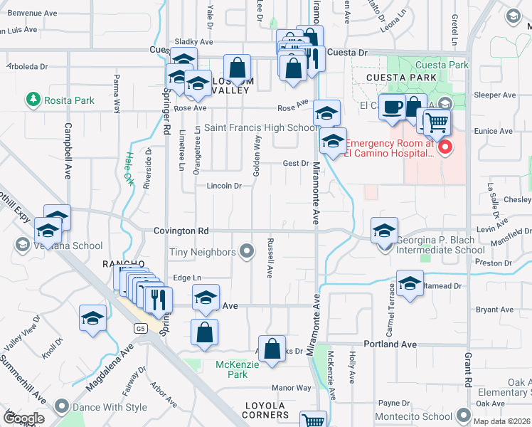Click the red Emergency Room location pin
(446, 148)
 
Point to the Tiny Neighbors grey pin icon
(247, 251)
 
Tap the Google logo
(23, 418)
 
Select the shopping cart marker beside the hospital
(437, 123)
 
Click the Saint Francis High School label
(261, 128)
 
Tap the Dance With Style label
(108, 408)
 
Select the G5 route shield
(140, 328)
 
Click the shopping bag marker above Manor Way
(272, 349)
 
